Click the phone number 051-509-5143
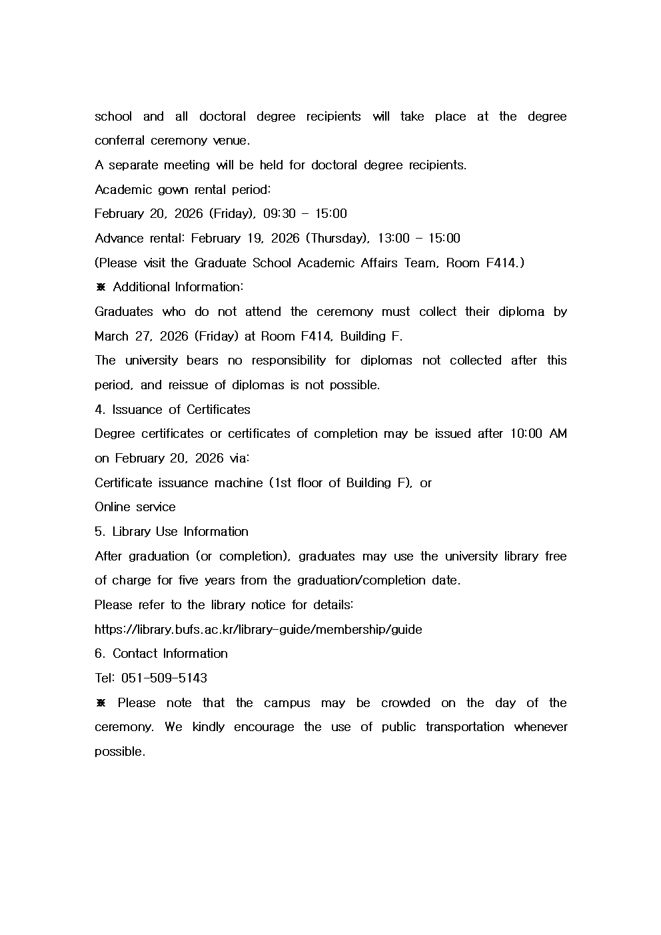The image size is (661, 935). coord(164,678)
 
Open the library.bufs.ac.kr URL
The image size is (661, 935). coord(258,630)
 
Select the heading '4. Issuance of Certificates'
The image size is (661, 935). coord(173,410)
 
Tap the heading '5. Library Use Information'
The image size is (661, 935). coord(171,532)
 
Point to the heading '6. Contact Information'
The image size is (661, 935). coord(161,654)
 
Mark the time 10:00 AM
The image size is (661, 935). coord(538,434)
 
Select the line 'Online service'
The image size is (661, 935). coord(135,507)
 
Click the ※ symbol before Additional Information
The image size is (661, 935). coord(101,287)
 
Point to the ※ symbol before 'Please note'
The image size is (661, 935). coord(101,703)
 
